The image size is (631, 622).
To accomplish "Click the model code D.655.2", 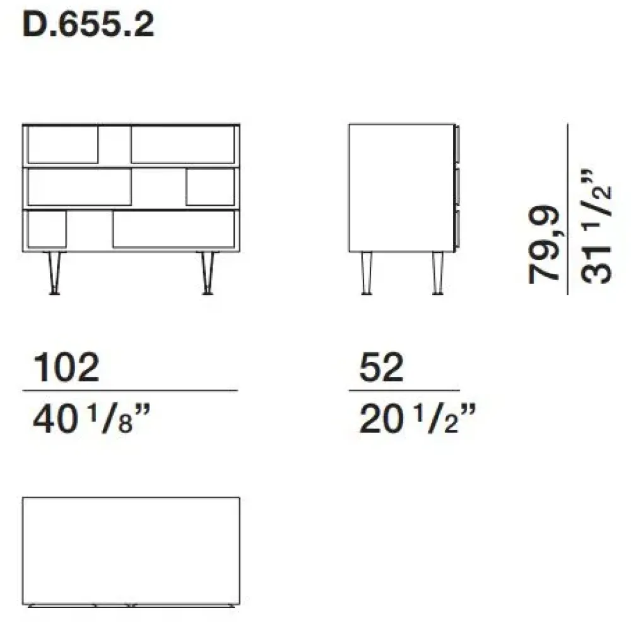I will [88, 26].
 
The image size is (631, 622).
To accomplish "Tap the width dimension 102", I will [66, 368].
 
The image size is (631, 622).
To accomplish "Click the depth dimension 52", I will [382, 368].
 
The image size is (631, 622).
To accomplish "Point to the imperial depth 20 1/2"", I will [416, 419].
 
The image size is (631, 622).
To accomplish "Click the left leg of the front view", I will [56, 272].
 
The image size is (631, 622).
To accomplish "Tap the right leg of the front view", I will [206, 272].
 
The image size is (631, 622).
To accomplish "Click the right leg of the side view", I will [437, 272].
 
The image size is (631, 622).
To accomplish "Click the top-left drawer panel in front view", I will [63, 145].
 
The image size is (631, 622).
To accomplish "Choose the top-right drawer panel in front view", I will [183, 145].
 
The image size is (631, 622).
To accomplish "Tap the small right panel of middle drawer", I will [210, 188].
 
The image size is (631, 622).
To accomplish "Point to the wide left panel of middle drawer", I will [80, 188].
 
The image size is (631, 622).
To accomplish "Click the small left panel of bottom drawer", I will [47, 229].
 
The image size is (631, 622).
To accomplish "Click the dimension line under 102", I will [130, 391].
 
